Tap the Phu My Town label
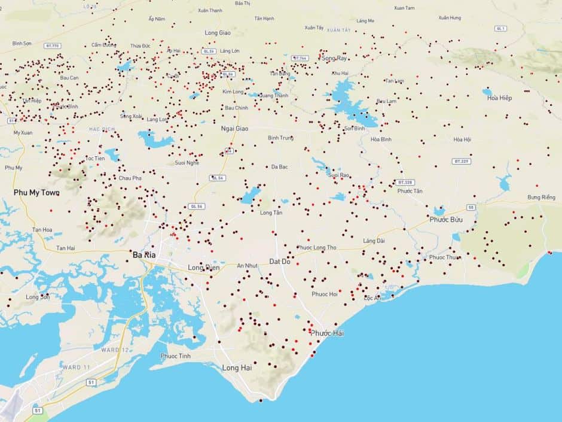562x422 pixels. coord(36,193)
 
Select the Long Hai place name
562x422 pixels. coord(237,368)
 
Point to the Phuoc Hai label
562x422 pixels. coord(327,333)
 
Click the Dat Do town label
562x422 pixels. coord(280,262)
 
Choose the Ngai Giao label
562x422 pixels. coord(234,128)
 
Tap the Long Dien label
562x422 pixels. coord(204,267)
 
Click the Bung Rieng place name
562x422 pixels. coord(541,197)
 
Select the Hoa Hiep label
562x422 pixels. coord(499,98)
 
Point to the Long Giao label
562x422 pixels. coord(218,33)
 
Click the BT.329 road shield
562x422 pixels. coord(462,161)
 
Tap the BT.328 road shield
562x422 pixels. coord(405,182)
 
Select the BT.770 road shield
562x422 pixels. coord(53,45)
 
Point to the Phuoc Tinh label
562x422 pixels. coord(176,356)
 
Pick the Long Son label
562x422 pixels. coord(37,297)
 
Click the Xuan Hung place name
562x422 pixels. coord(450,18)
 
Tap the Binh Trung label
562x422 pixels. coord(280,138)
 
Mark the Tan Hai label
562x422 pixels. coord(66,248)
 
